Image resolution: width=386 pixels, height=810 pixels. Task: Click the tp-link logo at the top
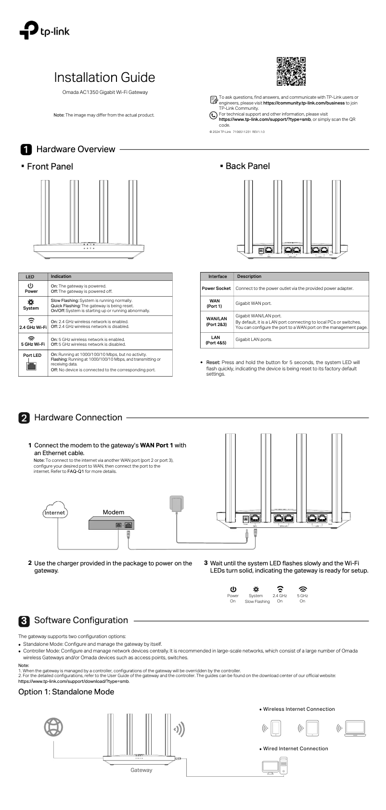coord(44,30)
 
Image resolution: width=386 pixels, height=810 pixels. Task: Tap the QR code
coord(291,71)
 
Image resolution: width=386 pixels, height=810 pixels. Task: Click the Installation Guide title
coord(104,78)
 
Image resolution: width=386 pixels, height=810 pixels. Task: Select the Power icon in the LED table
coord(31,286)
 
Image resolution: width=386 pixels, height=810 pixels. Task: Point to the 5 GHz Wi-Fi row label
coord(33,344)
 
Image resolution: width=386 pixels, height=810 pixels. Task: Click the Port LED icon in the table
coord(31,366)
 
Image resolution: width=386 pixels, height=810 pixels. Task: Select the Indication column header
coord(61,276)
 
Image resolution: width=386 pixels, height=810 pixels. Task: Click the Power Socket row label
coord(216,288)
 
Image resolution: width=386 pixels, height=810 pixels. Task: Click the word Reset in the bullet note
coord(213,363)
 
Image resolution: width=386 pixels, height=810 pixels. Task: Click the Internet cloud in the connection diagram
coord(55,512)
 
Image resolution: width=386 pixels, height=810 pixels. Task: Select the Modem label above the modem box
coord(114,512)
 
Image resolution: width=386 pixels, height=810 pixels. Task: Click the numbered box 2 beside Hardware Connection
coord(24,418)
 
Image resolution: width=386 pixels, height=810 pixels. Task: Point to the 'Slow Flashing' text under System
coord(257,601)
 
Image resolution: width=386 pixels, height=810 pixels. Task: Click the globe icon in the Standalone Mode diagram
coord(53,727)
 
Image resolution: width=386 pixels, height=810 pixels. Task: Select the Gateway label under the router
coord(141,770)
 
